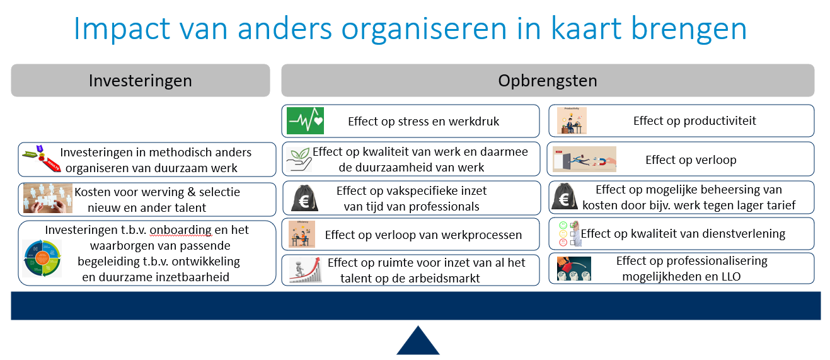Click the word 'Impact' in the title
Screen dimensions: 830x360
(x=122, y=29)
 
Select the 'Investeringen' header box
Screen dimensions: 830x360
(x=141, y=81)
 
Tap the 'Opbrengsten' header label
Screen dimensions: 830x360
(x=547, y=81)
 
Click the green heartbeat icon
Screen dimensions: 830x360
(x=305, y=121)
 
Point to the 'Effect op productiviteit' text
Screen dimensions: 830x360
(x=695, y=120)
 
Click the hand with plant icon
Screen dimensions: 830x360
(x=299, y=160)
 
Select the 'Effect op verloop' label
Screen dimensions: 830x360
(x=691, y=160)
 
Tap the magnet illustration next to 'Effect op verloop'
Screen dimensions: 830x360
(x=584, y=160)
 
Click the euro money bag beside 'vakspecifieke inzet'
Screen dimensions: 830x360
(x=304, y=197)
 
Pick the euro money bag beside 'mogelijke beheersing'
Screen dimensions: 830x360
(x=564, y=197)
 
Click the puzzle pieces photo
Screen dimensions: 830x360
(x=48, y=198)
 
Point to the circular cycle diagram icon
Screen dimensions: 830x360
(x=42, y=258)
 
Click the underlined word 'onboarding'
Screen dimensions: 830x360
(x=181, y=230)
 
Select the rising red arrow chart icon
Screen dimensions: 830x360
(x=305, y=270)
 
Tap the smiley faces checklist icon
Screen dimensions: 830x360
(x=570, y=233)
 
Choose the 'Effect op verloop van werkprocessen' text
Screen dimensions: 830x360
(x=423, y=235)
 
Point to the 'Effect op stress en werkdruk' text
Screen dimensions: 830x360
(x=423, y=121)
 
